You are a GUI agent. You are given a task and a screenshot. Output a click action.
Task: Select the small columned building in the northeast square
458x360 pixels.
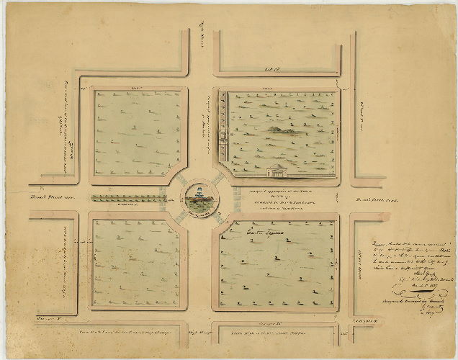pyautogui.click(x=276, y=171)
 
